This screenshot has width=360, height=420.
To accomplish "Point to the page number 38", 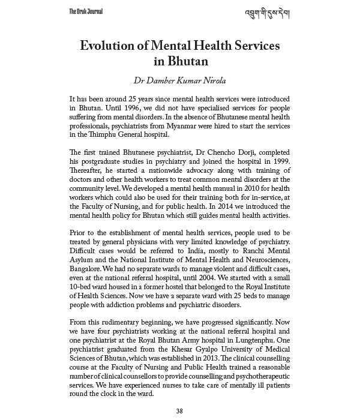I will (x=179, y=410).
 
